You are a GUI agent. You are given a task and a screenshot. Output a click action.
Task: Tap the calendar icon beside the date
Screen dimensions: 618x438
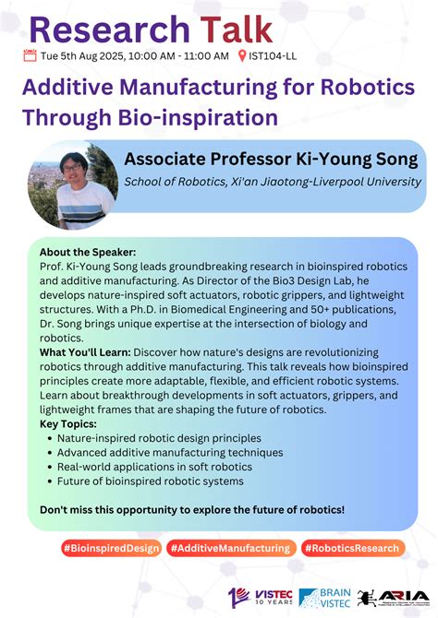[x=30, y=56]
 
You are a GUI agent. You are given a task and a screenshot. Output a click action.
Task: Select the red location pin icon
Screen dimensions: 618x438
[x=242, y=56]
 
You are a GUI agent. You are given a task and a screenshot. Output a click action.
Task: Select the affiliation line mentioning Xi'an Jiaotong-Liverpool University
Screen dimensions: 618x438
[x=273, y=181]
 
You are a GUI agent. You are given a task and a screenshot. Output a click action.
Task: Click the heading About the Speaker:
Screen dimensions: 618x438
[x=88, y=252]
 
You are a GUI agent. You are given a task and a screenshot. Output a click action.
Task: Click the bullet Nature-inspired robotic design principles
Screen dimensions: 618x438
[x=159, y=438]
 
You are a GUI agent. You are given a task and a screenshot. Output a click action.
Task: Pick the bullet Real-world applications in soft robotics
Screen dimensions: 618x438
[x=154, y=467]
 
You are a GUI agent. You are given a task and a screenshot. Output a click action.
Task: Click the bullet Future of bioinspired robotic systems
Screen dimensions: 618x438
[x=151, y=481]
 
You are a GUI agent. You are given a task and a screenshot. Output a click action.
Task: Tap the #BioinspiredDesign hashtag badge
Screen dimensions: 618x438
[x=110, y=548]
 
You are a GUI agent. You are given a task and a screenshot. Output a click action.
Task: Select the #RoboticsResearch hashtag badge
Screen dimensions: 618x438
[x=351, y=548]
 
